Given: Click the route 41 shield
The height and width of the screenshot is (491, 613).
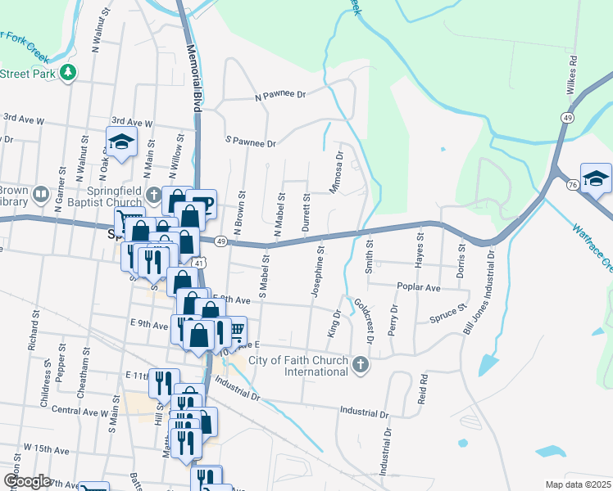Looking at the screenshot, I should point(199,263).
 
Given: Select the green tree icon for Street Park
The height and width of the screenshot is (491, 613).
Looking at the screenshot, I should point(70,72).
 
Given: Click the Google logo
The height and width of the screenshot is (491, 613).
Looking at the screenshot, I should point(27,481).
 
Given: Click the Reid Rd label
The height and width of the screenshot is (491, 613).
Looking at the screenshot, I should point(424,390).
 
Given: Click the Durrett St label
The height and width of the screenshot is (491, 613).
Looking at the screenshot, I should point(306,212).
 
